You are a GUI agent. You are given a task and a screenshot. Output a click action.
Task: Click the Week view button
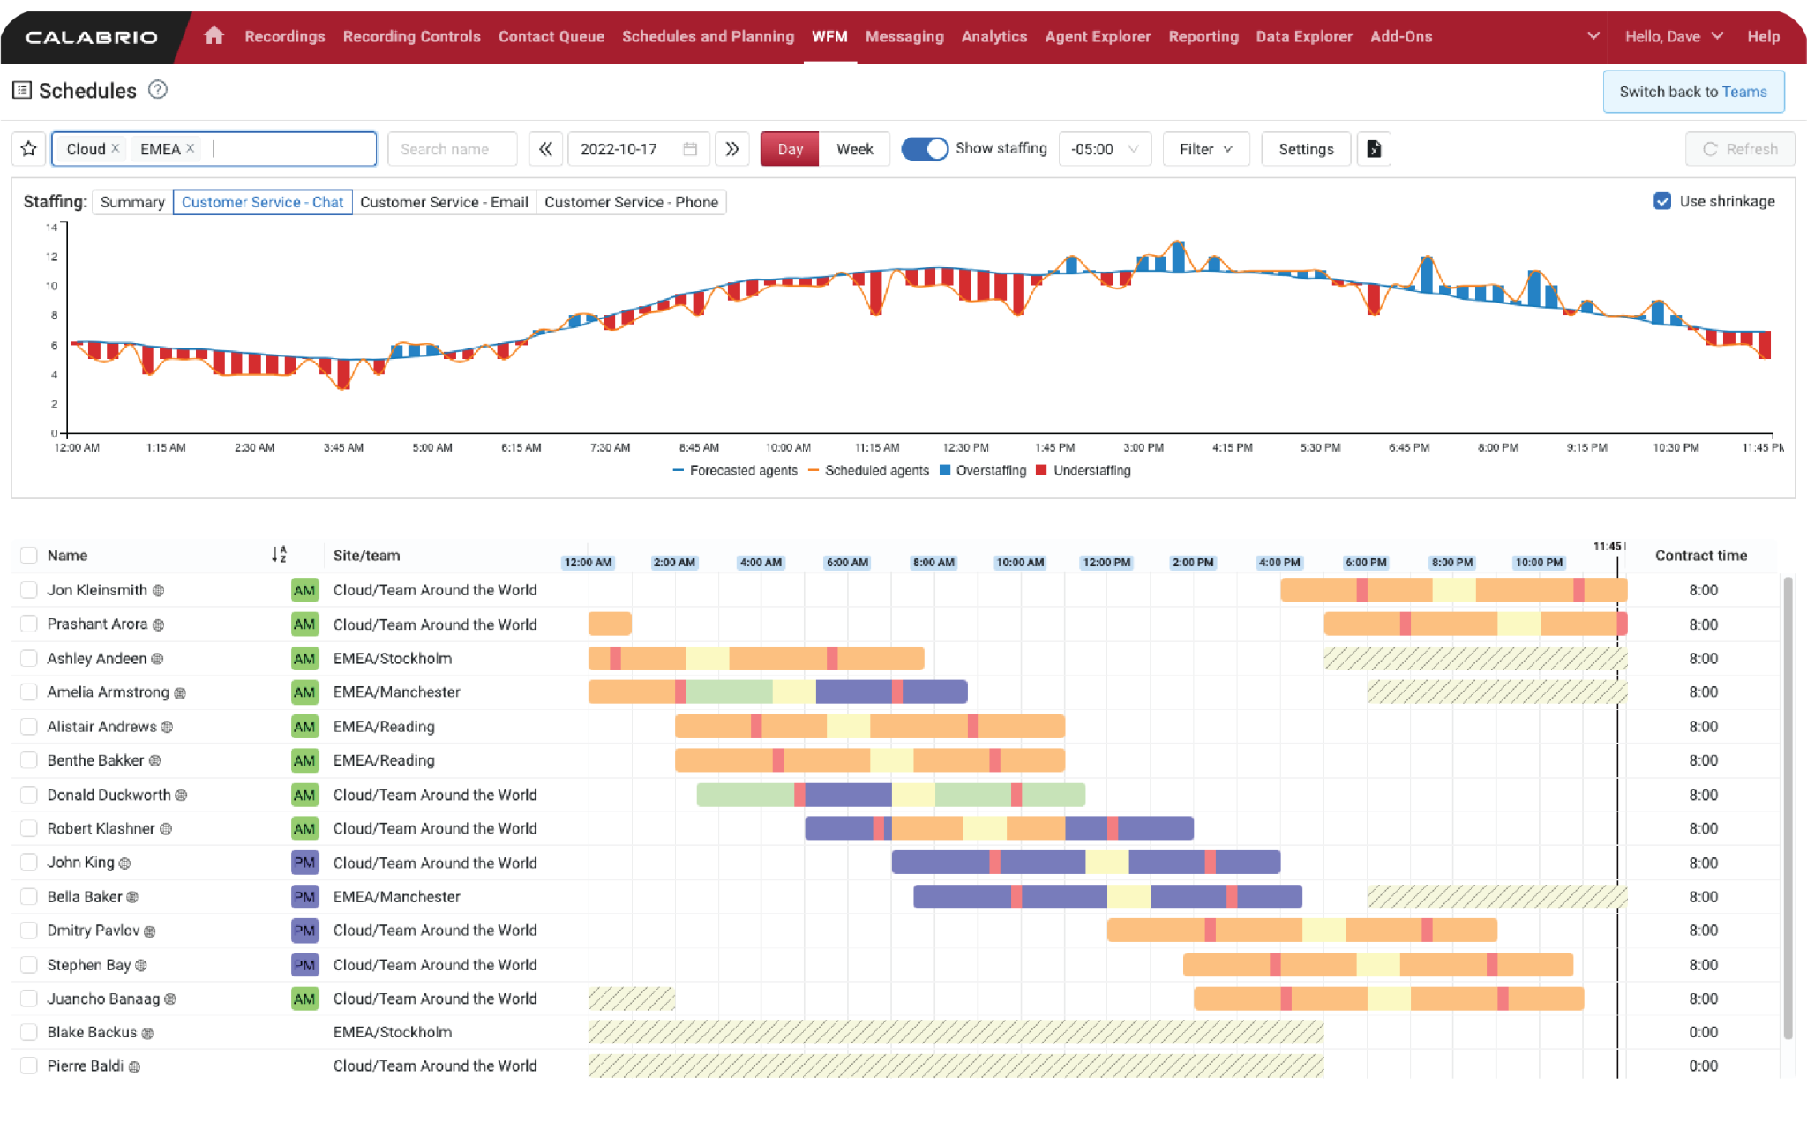point(854,149)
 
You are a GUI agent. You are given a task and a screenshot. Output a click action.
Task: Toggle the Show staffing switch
point(924,149)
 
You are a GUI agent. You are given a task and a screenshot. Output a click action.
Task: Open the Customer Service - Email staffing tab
point(444,202)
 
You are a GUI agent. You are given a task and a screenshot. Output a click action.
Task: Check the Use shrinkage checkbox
point(1662,201)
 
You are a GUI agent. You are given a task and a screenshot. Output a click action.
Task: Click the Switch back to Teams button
point(1692,92)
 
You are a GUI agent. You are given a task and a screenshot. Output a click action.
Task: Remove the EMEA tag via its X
point(191,148)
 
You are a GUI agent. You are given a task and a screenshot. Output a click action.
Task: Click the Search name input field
point(452,149)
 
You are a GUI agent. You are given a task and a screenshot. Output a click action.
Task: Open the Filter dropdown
point(1205,149)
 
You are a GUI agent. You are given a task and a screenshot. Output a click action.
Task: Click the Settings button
point(1306,149)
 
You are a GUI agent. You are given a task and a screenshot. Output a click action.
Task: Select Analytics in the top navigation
point(993,36)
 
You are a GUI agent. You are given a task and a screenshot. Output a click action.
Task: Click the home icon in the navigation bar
point(214,35)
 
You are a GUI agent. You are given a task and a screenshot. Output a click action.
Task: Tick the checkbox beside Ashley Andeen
point(29,658)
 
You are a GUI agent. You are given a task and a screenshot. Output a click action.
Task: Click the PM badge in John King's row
point(304,863)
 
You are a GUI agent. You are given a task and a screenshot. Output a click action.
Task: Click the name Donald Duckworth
point(109,795)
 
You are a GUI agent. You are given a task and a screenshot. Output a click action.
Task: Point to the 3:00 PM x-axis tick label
point(1143,448)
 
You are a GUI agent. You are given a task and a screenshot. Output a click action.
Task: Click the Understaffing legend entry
point(1091,471)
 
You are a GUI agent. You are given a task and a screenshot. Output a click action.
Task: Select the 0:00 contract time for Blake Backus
point(1703,1032)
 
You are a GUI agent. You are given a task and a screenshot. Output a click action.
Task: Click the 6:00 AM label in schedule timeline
point(847,563)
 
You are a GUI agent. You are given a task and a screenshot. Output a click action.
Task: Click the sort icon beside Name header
point(279,555)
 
